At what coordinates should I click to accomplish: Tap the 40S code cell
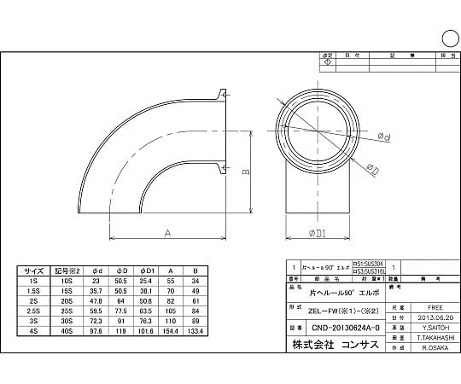coord(67,333)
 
